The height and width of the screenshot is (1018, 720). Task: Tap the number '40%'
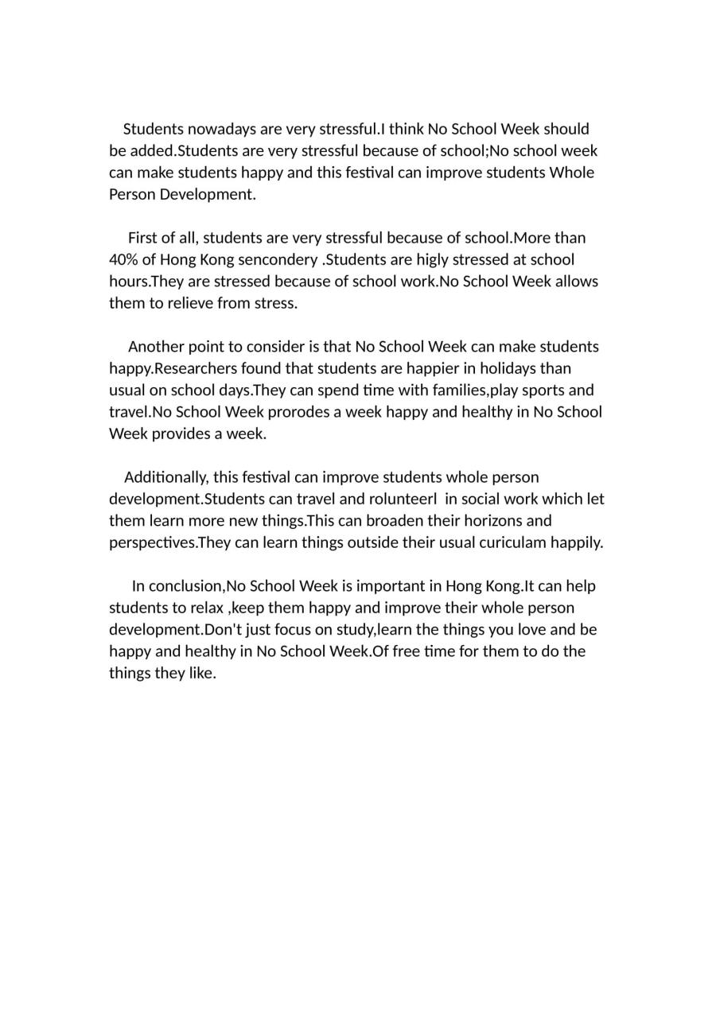click(x=123, y=259)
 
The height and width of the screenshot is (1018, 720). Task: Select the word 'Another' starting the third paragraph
click(x=156, y=347)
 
